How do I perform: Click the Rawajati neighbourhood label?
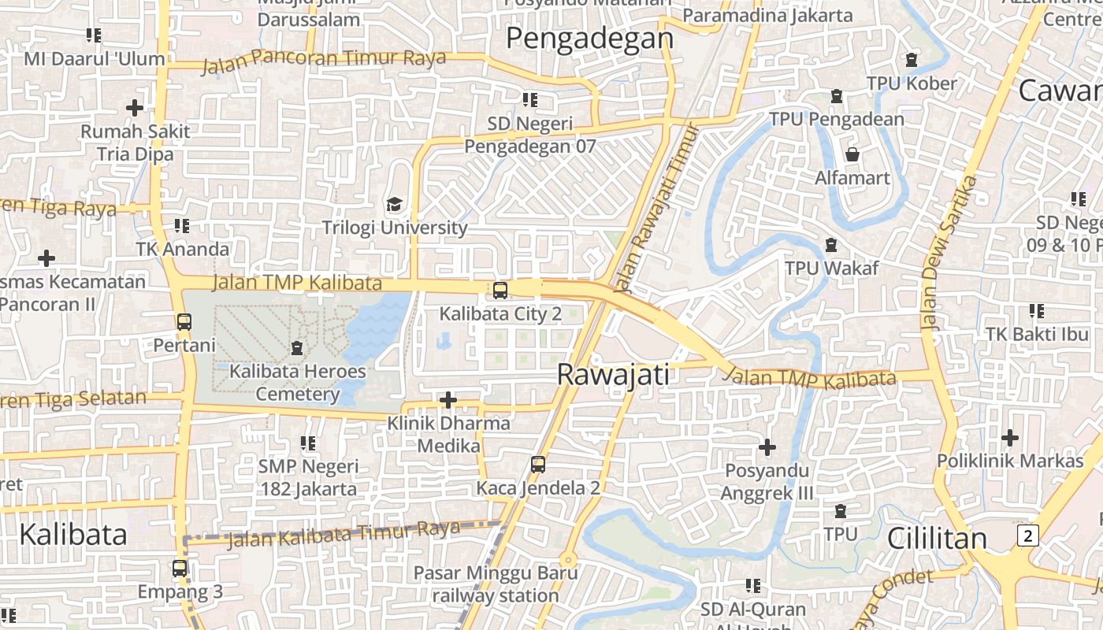pos(613,374)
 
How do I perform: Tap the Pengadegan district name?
pos(589,38)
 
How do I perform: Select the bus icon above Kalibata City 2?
pos(500,291)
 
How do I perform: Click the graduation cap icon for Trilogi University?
pos(394,205)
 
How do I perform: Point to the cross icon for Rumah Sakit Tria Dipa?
pos(135,107)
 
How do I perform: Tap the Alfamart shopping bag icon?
pos(852,154)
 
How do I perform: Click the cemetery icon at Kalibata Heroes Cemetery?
pos(297,347)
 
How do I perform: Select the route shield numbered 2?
pos(1027,535)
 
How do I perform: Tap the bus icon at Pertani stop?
pos(184,321)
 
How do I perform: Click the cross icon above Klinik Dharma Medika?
pos(448,400)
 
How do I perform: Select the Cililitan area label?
pos(937,539)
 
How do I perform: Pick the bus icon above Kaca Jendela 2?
pos(538,465)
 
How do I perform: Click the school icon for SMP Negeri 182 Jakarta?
pos(308,443)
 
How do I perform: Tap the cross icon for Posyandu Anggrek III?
pos(767,447)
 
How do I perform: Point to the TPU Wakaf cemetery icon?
pos(830,245)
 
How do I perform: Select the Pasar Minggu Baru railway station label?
pos(496,584)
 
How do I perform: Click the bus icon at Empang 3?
pos(180,568)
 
